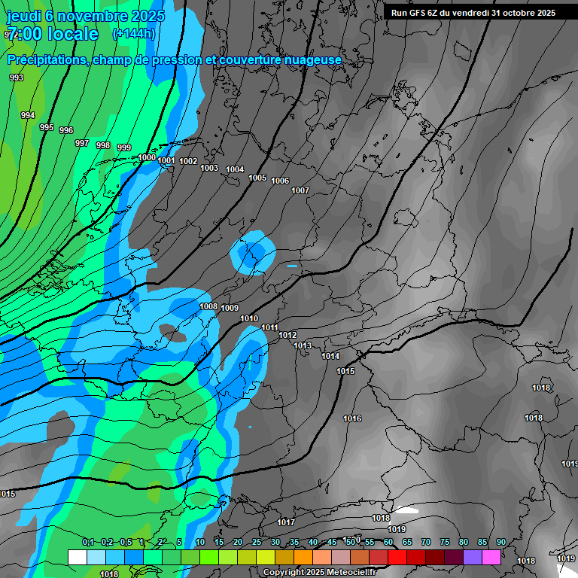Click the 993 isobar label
tap(17, 78)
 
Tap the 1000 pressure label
tap(147, 157)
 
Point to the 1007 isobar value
tap(300, 190)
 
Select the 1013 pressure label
tap(303, 345)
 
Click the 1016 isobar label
tap(352, 418)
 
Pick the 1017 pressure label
tap(286, 522)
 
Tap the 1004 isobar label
tap(235, 169)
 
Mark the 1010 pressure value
tap(249, 318)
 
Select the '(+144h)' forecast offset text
tap(134, 33)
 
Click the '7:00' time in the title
tap(23, 34)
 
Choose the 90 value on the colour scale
tap(500, 542)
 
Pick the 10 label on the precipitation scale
tap(199, 542)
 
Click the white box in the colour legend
tap(77, 557)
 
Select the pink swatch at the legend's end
tap(491, 557)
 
